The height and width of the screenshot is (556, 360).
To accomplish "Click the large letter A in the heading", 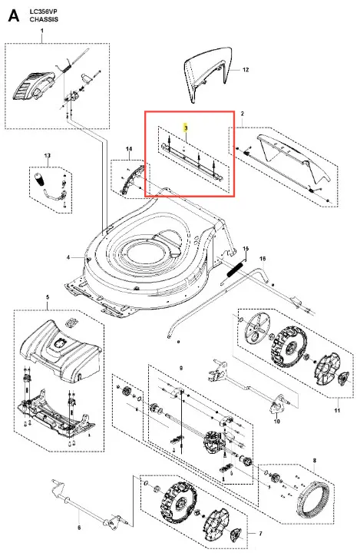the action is click(14, 15).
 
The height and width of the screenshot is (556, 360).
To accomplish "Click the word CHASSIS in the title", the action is click(44, 19).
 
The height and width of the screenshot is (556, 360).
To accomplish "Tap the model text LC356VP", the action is click(43, 12).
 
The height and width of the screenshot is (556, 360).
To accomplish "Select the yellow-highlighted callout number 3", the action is click(185, 127).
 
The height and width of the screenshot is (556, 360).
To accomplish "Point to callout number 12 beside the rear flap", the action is click(246, 69).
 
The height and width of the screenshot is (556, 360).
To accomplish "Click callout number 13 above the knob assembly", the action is click(47, 155).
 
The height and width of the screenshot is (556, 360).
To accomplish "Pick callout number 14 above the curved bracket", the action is click(129, 149).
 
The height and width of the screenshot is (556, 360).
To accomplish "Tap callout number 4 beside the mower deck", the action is click(68, 257).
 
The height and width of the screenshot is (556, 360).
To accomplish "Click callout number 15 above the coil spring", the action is click(246, 249).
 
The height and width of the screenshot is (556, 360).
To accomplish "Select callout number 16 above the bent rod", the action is click(263, 259).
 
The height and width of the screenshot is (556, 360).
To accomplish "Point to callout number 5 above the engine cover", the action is click(48, 297).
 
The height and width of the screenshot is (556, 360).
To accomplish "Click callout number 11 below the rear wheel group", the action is click(337, 410).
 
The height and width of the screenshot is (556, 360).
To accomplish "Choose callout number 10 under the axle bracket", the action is click(277, 422).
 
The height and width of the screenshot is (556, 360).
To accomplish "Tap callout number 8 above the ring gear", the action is click(315, 461).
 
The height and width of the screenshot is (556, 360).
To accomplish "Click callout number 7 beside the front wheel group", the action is click(260, 534).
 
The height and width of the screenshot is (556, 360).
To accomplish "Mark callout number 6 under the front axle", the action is click(79, 528).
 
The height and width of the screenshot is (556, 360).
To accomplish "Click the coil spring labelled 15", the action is click(236, 269).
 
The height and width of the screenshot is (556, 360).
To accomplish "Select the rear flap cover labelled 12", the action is click(210, 73).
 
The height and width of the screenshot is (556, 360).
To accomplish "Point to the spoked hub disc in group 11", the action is click(257, 328).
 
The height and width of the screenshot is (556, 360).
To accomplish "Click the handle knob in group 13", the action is click(39, 178).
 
